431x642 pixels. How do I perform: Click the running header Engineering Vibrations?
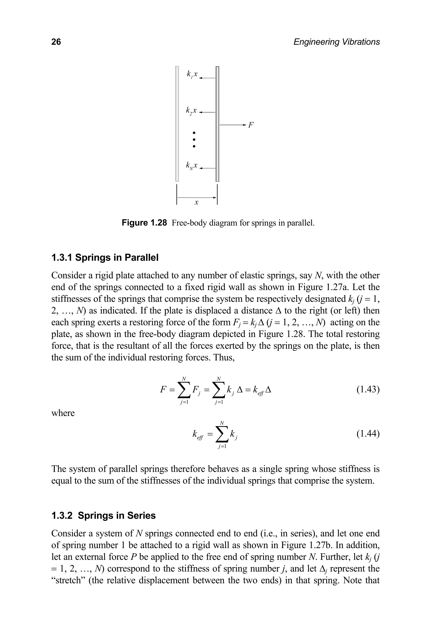[337, 42]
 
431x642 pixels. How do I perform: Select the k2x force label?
[191, 110]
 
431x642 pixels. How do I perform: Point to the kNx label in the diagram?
[192, 166]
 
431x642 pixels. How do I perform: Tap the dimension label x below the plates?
[196, 203]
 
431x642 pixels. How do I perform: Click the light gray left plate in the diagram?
[177, 124]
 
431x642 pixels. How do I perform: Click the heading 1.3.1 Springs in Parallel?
[105, 258]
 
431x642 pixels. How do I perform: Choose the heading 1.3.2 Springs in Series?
[103, 516]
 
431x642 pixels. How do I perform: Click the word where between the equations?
[63, 413]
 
